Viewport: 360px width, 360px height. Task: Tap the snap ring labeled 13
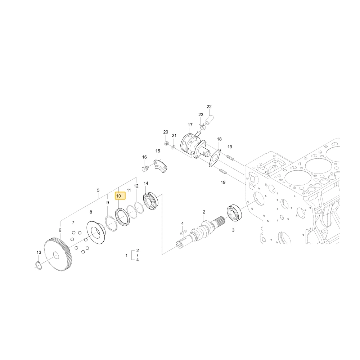point(39,265)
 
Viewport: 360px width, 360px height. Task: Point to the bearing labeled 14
point(150,201)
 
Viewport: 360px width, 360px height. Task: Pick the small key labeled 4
point(183,232)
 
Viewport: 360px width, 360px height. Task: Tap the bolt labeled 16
point(145,168)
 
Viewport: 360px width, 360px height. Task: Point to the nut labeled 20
point(166,144)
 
